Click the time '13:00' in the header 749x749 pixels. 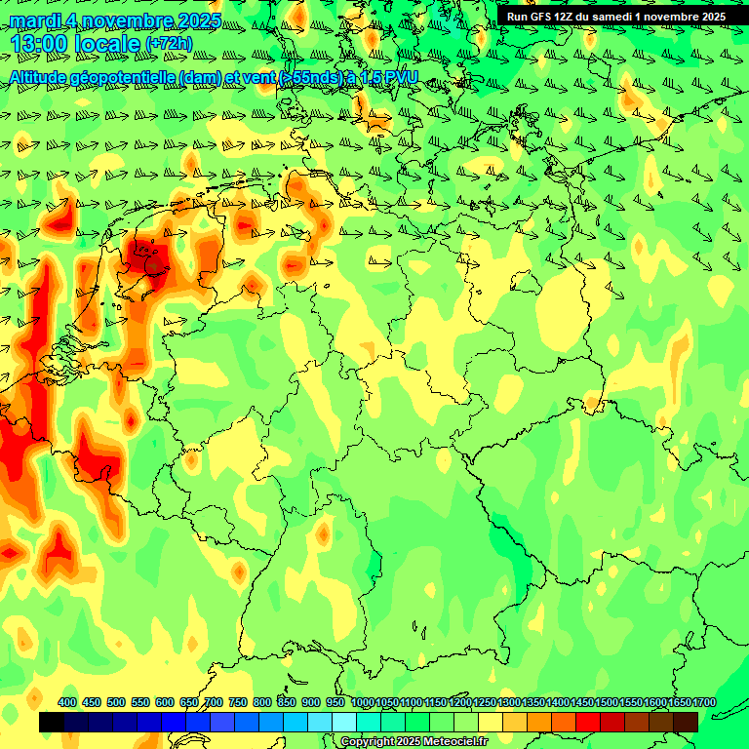[x=39, y=44]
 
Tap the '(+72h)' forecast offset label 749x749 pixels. [x=169, y=44]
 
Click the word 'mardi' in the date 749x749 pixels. [x=34, y=20]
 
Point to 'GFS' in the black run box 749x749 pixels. [x=543, y=17]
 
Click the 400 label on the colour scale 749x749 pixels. [x=67, y=702]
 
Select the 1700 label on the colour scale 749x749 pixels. [x=677, y=702]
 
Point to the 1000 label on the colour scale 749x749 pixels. [x=362, y=702]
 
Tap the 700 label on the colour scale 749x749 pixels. [x=214, y=702]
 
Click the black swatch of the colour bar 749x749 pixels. [x=52, y=722]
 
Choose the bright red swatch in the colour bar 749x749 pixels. [x=588, y=722]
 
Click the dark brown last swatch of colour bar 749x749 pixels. [x=686, y=722]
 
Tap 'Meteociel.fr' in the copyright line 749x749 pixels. [x=456, y=741]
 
